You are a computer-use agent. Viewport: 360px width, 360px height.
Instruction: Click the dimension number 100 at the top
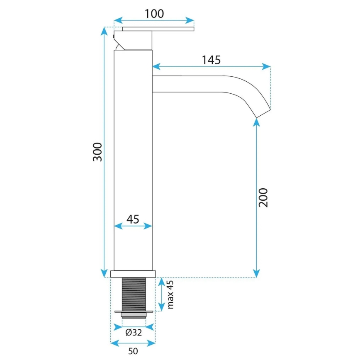click(x=154, y=14)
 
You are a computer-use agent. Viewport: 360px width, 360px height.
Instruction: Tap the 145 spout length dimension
click(x=211, y=60)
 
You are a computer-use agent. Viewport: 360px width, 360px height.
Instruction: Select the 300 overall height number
click(x=97, y=152)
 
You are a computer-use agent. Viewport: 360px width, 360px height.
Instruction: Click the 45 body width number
click(x=133, y=219)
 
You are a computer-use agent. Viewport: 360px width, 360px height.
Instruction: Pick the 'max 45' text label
click(x=170, y=294)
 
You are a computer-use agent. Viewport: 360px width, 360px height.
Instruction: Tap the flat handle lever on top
click(x=158, y=29)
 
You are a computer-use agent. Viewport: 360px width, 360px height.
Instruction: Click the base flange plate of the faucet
click(x=133, y=274)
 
